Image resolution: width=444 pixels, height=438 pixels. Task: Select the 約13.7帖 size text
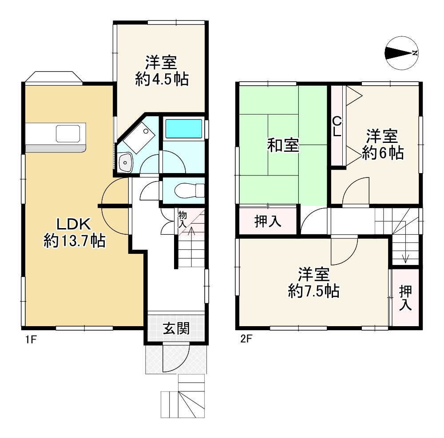tap(74, 241)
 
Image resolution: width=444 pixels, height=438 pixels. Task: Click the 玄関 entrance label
tap(176, 328)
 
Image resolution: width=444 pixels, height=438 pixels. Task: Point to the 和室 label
tap(283, 145)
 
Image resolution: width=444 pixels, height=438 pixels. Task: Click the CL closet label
tap(337, 126)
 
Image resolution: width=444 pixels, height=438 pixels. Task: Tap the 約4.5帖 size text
tap(162, 80)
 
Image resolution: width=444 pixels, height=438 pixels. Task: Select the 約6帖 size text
tap(382, 153)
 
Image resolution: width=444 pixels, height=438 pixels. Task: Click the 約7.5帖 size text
tap(313, 291)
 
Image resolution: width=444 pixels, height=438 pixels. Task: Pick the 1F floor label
tap(30, 340)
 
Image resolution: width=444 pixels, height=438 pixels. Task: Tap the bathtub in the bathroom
tap(183, 129)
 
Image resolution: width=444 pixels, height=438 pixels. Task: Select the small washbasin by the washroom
tap(126, 163)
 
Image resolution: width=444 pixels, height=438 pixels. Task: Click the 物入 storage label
tap(182, 220)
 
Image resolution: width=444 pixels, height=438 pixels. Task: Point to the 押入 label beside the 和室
tap(268, 221)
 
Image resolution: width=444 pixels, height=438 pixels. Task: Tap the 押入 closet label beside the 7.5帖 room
tap(405, 297)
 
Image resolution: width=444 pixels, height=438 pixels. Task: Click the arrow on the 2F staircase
tap(405, 257)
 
